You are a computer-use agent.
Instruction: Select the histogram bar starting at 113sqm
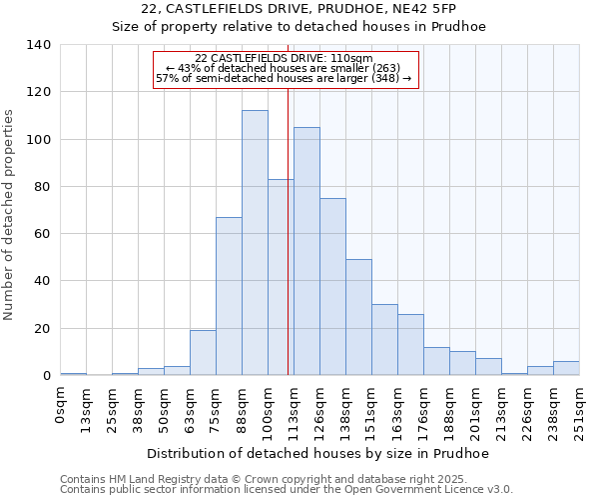(306, 251)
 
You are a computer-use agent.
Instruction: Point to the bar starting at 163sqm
(410, 345)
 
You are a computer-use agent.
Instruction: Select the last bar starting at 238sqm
(566, 368)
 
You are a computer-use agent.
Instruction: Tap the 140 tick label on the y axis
(39, 45)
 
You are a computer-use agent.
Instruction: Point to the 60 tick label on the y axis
(43, 234)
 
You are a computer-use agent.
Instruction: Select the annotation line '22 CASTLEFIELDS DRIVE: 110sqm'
(285, 58)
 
